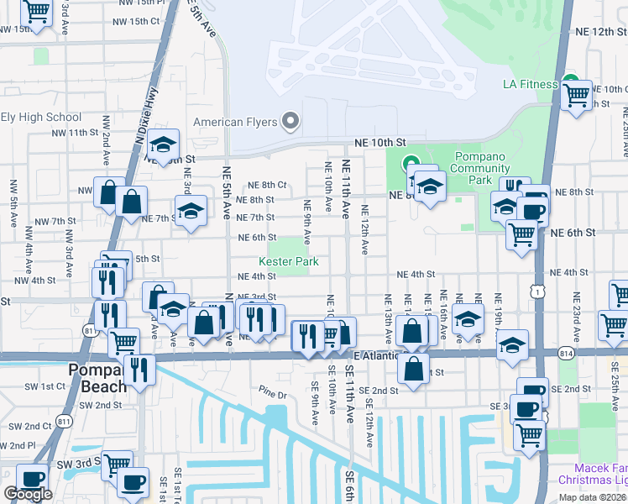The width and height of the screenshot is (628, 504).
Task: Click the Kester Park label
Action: [x=288, y=262]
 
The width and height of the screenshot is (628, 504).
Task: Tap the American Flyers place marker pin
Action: [x=291, y=122]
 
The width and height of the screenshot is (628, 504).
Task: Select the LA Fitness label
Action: [x=530, y=84]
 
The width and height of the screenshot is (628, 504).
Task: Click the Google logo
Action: [x=28, y=494]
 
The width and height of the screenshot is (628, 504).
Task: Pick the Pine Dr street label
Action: [x=273, y=393]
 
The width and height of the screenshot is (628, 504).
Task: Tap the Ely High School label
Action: [x=41, y=118]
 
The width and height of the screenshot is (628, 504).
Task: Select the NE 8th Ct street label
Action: [x=267, y=185]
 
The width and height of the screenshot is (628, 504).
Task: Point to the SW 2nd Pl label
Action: [x=18, y=444]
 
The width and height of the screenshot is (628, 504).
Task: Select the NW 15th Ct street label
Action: [x=140, y=21]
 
